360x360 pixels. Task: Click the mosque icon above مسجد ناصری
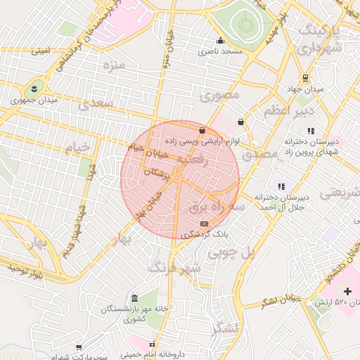tap(220, 40)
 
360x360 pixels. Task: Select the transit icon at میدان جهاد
tap(304, 78)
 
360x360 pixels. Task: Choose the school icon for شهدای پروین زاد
tap(311, 130)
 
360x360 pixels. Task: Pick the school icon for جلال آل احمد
tap(281, 186)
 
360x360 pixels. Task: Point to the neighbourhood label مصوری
tap(219, 94)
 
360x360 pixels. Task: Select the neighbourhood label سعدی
tap(96, 105)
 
